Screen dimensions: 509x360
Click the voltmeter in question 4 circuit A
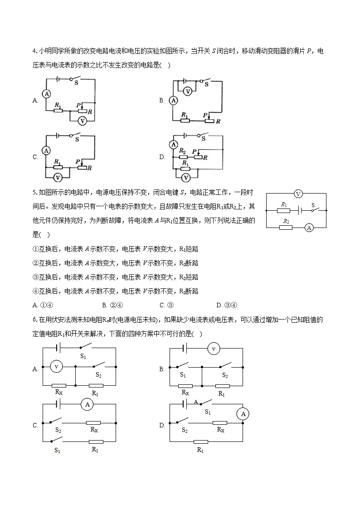[82, 121]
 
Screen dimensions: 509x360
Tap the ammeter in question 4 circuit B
[173, 101]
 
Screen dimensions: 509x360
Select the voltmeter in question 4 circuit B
[188, 91]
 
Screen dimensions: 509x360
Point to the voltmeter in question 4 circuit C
[58, 177]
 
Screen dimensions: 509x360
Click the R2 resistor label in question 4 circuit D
[182, 151]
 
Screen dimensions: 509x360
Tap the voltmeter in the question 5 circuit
[298, 194]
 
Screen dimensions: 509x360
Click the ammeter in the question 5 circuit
[309, 228]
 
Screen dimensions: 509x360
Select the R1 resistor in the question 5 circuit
[283, 210]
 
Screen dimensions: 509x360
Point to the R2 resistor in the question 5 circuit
[286, 227]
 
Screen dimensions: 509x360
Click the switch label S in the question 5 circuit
[313, 205]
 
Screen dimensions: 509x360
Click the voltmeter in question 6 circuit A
[56, 366]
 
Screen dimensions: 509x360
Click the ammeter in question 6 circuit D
[243, 414]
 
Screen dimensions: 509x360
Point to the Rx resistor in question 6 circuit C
[93, 422]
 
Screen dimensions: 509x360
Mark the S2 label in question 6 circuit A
[98, 375]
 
